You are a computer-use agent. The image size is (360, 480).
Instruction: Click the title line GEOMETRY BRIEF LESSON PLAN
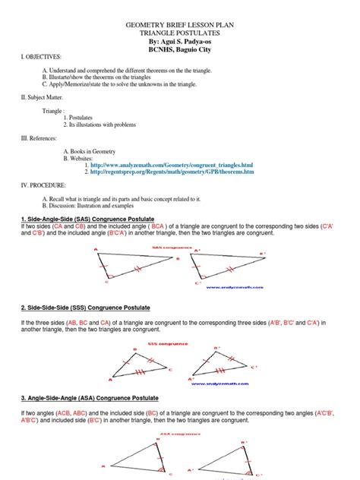[x=180, y=25]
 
